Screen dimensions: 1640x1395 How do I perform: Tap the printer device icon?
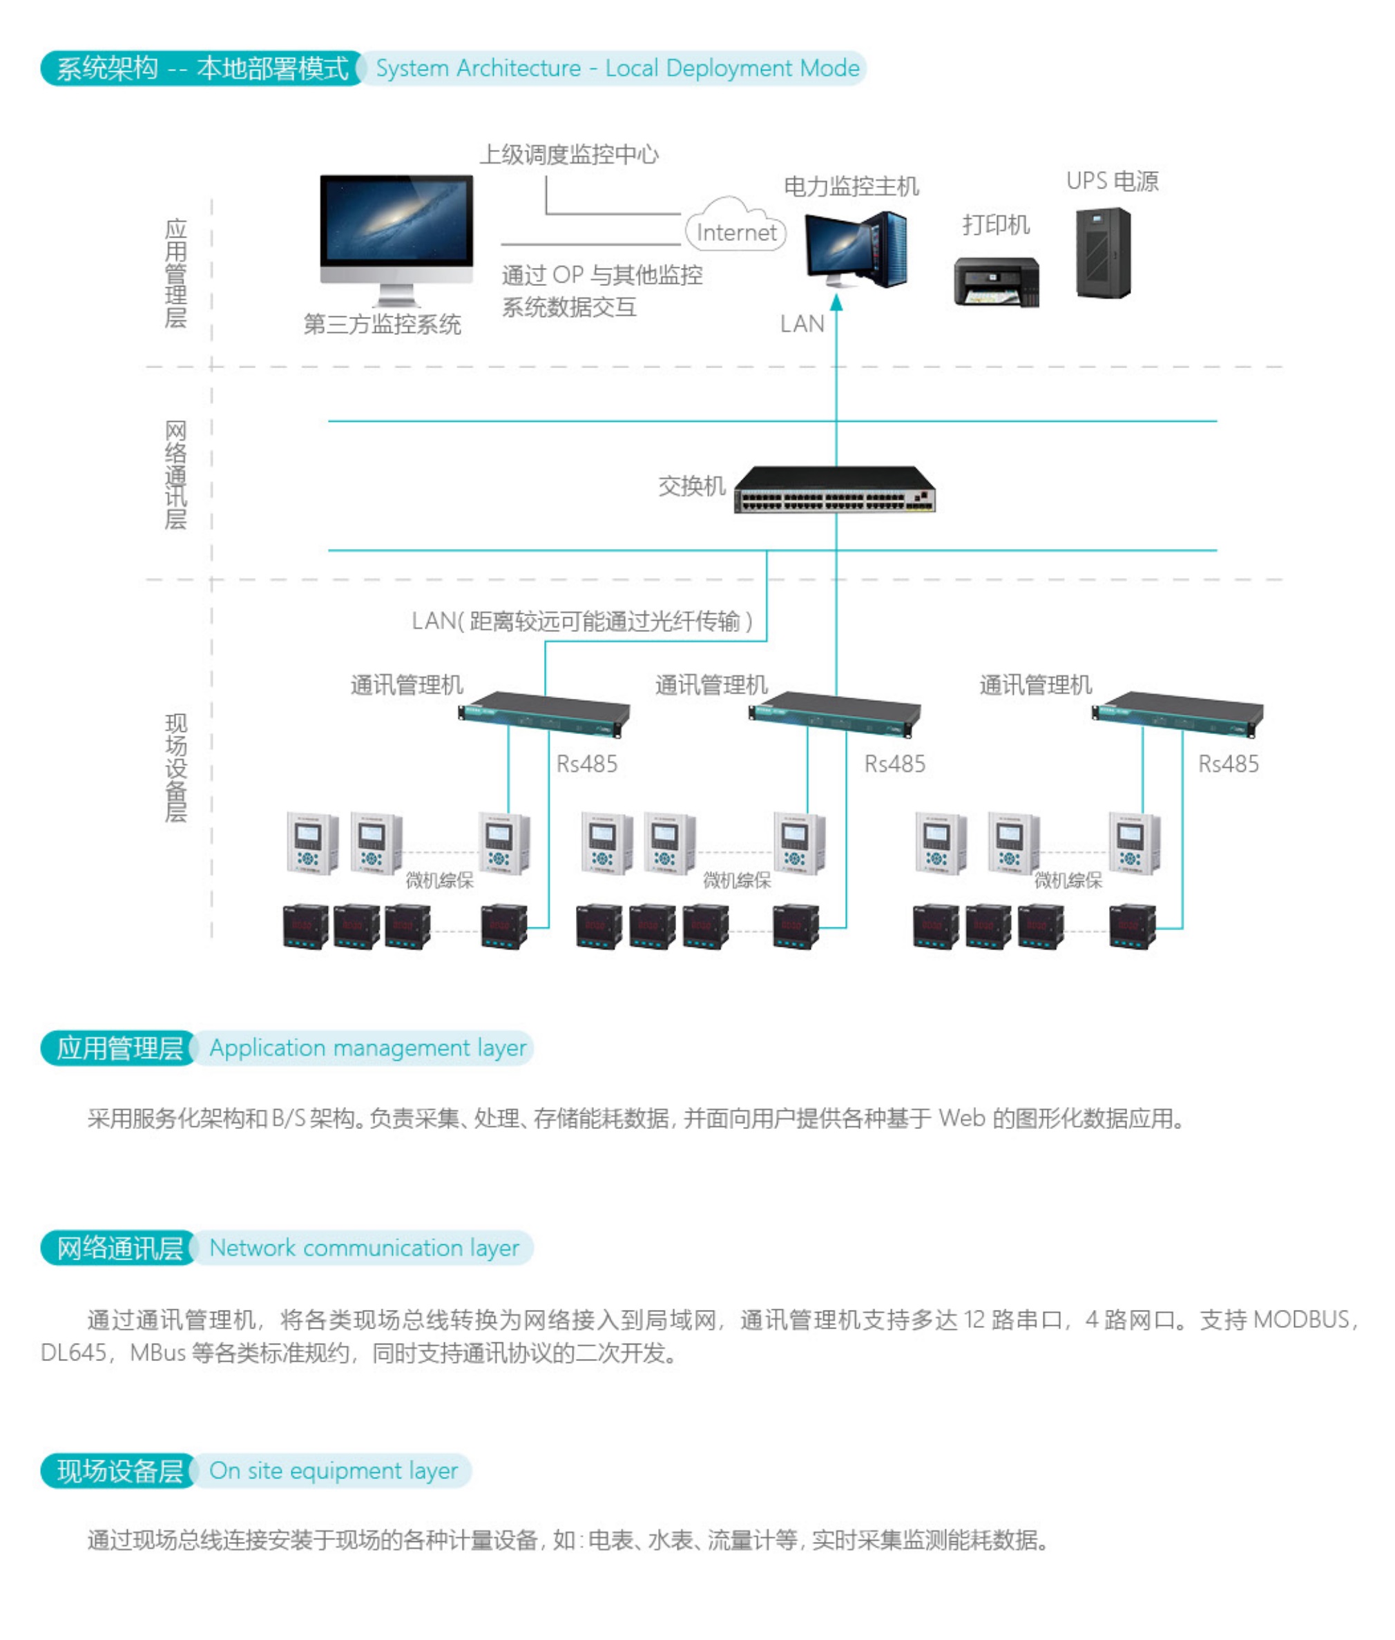(997, 282)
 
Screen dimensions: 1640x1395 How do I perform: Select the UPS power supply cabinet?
(1103, 252)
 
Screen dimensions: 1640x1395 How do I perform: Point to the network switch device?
(834, 490)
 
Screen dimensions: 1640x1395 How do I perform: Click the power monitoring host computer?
(856, 249)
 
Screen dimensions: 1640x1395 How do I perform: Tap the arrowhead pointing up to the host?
(836, 303)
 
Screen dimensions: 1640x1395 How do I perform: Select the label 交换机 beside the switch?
(691, 485)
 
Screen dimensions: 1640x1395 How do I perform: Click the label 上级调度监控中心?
(568, 154)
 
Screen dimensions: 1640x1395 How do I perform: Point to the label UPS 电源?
(1112, 181)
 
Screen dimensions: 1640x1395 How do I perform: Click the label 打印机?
(996, 224)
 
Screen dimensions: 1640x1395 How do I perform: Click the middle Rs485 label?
(894, 763)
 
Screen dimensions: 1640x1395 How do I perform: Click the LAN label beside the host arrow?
(802, 323)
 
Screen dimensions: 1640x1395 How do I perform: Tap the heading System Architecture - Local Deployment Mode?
(617, 69)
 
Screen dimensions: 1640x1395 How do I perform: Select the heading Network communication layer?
(364, 1247)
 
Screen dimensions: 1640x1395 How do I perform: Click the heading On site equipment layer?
(333, 1470)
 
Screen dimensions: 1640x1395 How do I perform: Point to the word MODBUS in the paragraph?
(1301, 1319)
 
